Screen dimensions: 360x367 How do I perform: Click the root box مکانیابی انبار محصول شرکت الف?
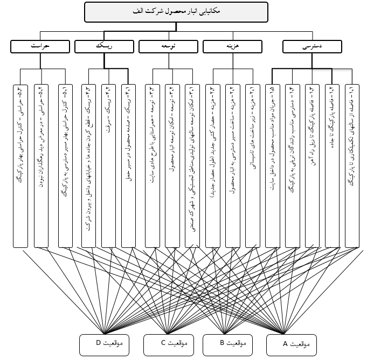coord(176,11)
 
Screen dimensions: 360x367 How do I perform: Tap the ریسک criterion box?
coord(105,47)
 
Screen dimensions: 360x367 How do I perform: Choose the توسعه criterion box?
coord(169,47)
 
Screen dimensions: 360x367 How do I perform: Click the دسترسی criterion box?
coord(313,47)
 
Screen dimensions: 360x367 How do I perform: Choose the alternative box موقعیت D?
coord(106,343)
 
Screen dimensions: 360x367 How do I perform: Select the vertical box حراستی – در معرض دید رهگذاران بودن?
coord(41,162)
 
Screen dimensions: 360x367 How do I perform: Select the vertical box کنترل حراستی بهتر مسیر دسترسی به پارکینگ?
coord(65,162)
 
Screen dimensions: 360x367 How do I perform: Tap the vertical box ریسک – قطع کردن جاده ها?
coord(88,162)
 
